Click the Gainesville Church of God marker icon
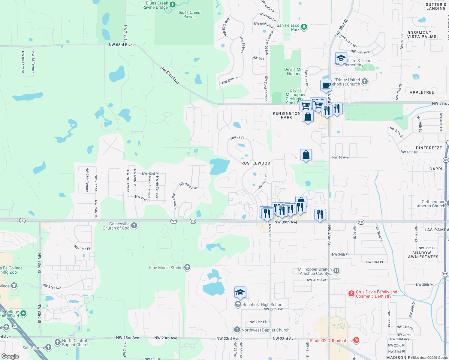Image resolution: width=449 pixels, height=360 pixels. click(134, 226)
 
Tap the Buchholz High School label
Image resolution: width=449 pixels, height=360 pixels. click(263, 304)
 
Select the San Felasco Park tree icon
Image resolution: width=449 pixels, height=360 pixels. click(304, 27)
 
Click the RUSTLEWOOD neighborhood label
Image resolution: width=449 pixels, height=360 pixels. click(256, 163)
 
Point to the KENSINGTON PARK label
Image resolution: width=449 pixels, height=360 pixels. click(287, 115)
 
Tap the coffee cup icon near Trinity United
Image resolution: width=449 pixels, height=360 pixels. click(326, 85)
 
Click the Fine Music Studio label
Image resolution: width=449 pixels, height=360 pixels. click(166, 268)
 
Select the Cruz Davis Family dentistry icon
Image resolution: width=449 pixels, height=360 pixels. click(351, 294)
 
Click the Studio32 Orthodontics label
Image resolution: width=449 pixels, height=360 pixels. click(330, 340)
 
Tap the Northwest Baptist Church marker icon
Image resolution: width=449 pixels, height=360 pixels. click(237, 330)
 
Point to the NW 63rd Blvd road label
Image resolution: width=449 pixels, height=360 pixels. click(121, 45)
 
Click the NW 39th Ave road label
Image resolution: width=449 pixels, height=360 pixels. click(286, 222)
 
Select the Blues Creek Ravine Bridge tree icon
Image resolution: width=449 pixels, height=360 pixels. click(172, 4)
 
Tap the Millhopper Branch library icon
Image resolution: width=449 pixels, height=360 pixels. click(336, 271)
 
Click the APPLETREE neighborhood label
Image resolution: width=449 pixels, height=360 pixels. click(422, 92)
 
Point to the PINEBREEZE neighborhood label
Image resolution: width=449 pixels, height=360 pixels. click(429, 148)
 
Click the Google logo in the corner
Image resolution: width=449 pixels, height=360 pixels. click(10, 356)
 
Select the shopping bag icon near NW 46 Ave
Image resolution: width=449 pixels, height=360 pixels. click(306, 155)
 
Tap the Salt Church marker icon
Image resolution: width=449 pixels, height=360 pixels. click(48, 348)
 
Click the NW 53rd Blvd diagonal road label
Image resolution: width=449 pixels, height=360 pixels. click(170, 75)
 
